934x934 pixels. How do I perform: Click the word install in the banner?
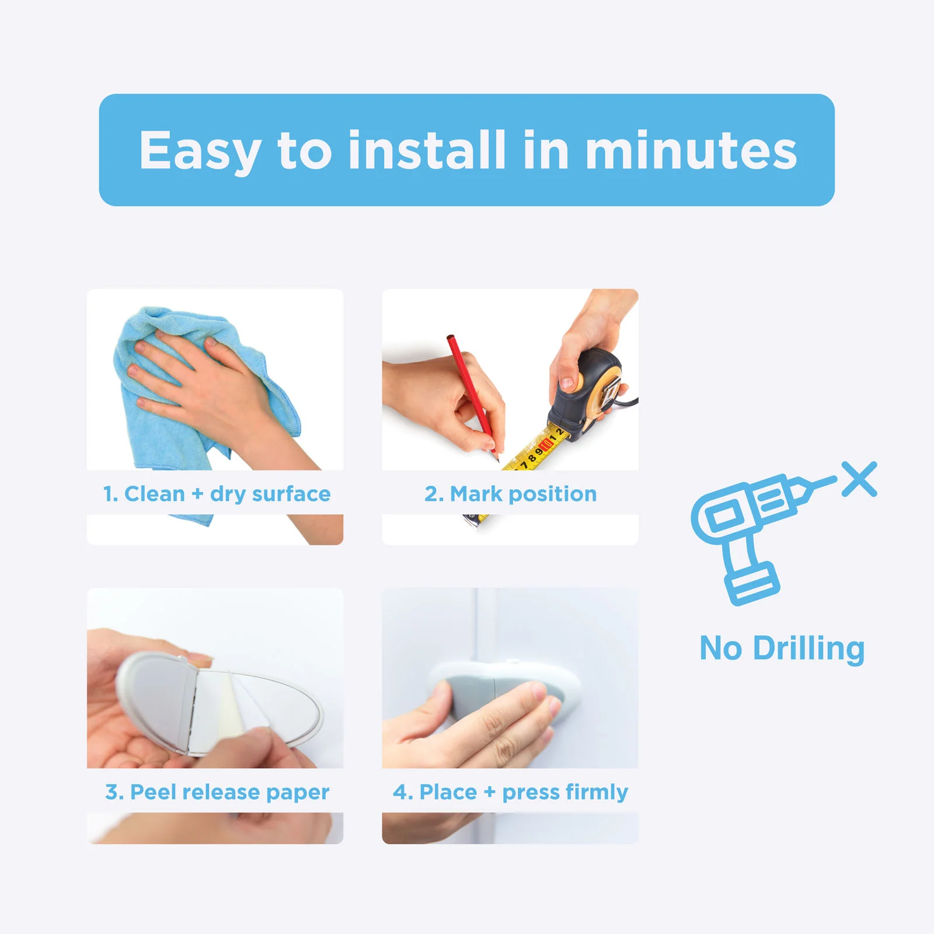click(x=426, y=151)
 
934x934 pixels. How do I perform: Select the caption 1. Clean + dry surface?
click(x=217, y=494)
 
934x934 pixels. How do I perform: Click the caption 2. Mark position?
click(x=511, y=494)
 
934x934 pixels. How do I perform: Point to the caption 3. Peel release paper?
click(x=217, y=792)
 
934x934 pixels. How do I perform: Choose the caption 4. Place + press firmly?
click(x=511, y=792)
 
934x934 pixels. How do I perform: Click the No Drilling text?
click(x=782, y=648)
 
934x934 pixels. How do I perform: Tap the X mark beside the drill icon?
click(x=859, y=479)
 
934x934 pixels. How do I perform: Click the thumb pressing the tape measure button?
click(x=565, y=382)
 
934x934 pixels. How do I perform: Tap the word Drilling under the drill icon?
click(x=808, y=648)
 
